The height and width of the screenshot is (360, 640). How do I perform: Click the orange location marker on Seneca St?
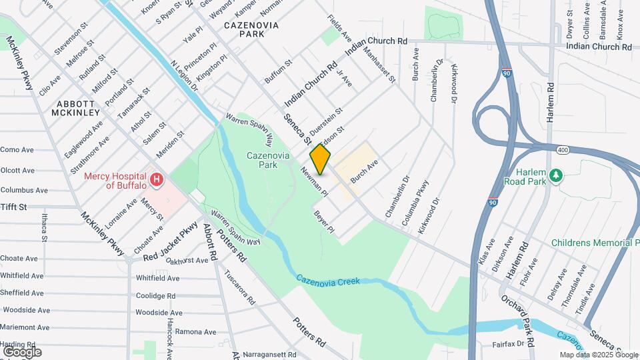pyautogui.click(x=320, y=159)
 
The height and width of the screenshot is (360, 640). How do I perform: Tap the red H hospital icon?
pyautogui.click(x=157, y=179)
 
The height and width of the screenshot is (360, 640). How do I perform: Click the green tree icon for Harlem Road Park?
pyautogui.click(x=555, y=175)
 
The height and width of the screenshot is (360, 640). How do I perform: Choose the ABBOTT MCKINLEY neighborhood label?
pyautogui.click(x=78, y=108)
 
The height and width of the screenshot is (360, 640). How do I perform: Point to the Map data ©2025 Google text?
pyautogui.click(x=599, y=355)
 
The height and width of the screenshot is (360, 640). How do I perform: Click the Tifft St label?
pyautogui.click(x=13, y=207)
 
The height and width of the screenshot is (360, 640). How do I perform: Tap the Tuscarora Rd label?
pyautogui.click(x=239, y=287)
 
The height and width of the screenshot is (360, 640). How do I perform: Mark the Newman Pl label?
pyautogui.click(x=315, y=181)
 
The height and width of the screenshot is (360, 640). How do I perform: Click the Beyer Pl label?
pyautogui.click(x=323, y=222)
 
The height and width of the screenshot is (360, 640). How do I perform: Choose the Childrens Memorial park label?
pyautogui.click(x=595, y=243)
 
